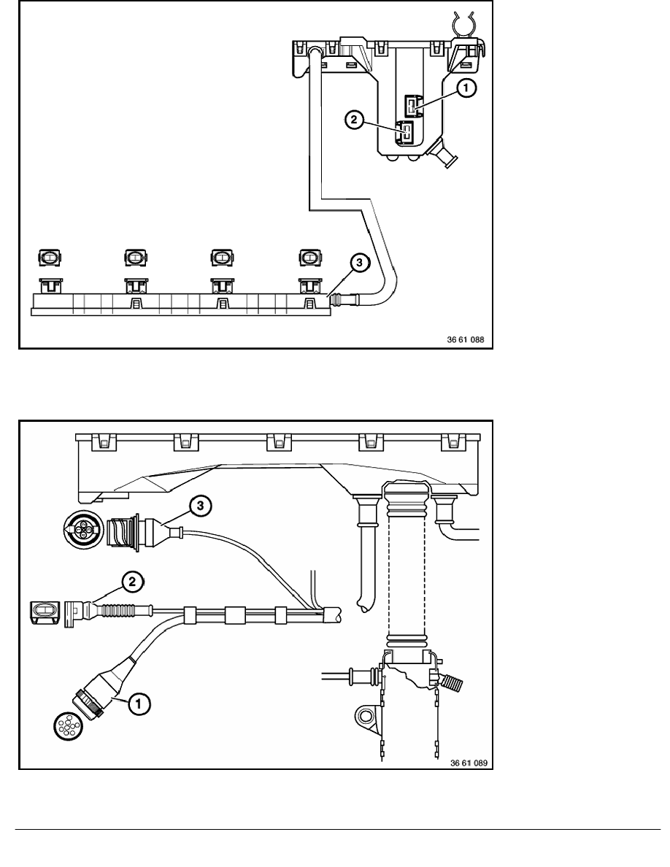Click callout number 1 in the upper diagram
click(x=466, y=88)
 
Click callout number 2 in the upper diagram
click(x=354, y=120)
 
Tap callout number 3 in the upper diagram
click(x=359, y=263)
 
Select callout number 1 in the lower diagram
click(x=138, y=704)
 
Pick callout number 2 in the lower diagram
click(x=131, y=582)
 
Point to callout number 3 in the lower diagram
click(x=200, y=506)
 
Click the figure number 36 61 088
click(x=466, y=339)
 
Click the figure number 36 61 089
click(x=469, y=763)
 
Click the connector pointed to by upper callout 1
click(x=413, y=105)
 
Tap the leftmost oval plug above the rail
click(x=50, y=257)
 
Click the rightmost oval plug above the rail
click(x=310, y=257)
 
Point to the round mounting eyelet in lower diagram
click(x=365, y=717)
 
